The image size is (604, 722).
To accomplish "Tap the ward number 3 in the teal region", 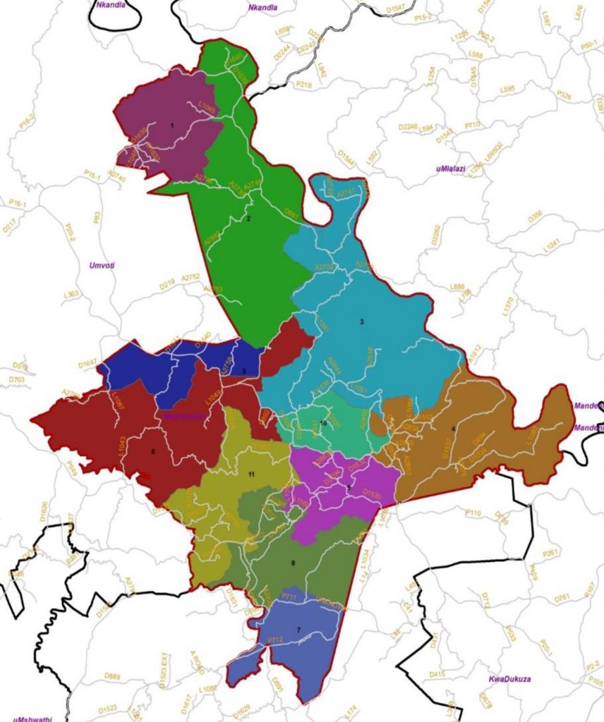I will [x=362, y=322].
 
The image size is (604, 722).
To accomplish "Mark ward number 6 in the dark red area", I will [x=153, y=451].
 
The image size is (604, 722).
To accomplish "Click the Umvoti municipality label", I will [x=102, y=265].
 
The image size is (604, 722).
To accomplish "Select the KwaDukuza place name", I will [x=509, y=680].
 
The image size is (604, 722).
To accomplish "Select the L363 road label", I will [x=71, y=294].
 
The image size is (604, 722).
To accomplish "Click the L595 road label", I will [x=507, y=90].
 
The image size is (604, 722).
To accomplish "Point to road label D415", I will [x=437, y=674].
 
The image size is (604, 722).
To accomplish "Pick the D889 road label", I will [x=112, y=676].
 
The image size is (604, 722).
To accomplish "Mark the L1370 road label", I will [x=509, y=305].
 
